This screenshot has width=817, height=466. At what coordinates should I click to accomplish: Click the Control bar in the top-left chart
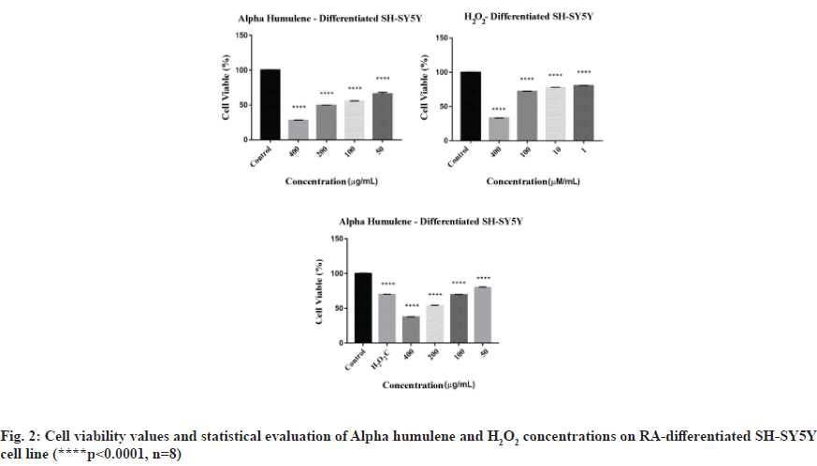click(270, 104)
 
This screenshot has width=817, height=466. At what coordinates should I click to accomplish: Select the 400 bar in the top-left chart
click(299, 129)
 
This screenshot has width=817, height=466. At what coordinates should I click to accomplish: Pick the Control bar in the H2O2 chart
click(471, 105)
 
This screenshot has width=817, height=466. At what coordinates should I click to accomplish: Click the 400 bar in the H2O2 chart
click(499, 128)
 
